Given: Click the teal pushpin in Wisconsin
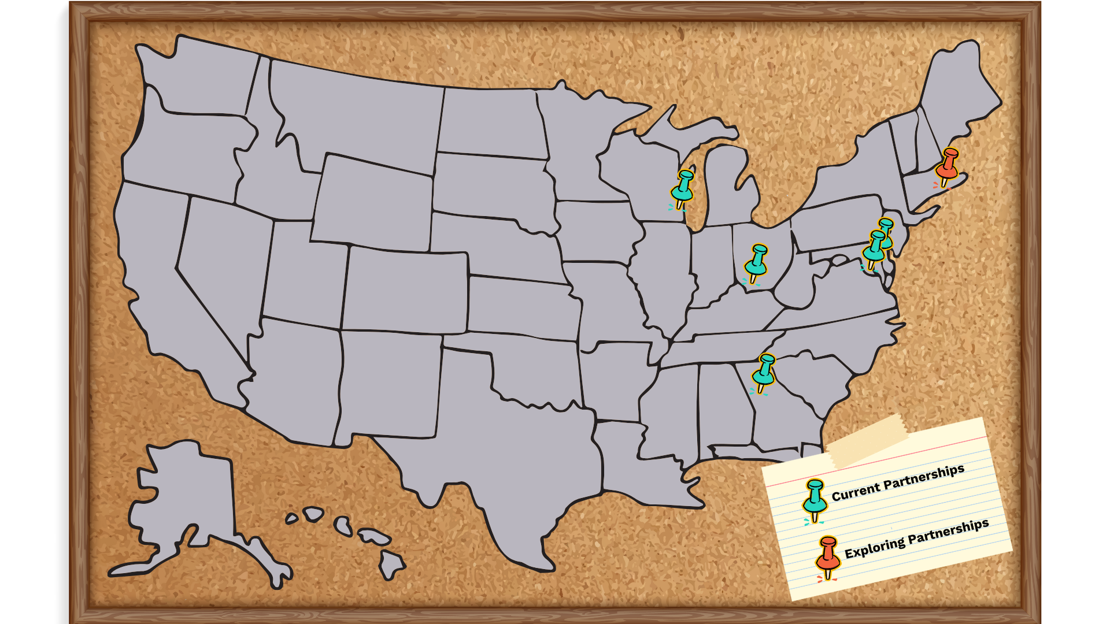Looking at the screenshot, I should tap(683, 187).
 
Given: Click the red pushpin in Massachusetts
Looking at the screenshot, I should tap(948, 165).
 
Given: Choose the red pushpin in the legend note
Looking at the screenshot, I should tap(828, 556).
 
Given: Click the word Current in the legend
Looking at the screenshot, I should tap(855, 491).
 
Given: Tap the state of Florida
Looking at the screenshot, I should tap(809, 451).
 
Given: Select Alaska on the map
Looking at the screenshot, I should tap(185, 497).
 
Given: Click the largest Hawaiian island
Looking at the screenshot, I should tap(391, 563).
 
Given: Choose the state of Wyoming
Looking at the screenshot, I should tap(373, 202).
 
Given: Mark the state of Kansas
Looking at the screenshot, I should tap(520, 309).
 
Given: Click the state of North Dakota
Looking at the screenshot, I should tap(491, 121).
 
